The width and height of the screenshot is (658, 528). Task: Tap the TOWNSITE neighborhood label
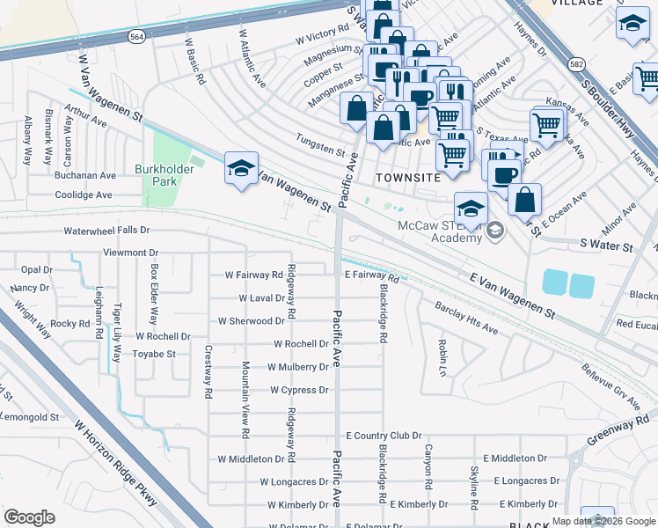click(406, 177)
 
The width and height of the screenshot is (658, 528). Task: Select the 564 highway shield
click(135, 37)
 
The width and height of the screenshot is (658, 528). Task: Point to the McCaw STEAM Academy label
click(439, 231)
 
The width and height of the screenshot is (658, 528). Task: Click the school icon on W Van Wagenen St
click(240, 169)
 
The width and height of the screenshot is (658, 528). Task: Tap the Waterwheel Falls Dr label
click(107, 231)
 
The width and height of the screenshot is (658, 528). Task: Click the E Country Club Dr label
click(384, 436)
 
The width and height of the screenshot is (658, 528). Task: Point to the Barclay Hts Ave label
click(466, 319)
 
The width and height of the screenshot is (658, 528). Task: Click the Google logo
click(28, 517)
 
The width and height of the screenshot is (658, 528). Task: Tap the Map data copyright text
click(603, 521)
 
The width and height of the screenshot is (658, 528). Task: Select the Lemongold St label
click(28, 417)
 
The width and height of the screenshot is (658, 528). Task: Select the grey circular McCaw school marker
click(494, 231)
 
